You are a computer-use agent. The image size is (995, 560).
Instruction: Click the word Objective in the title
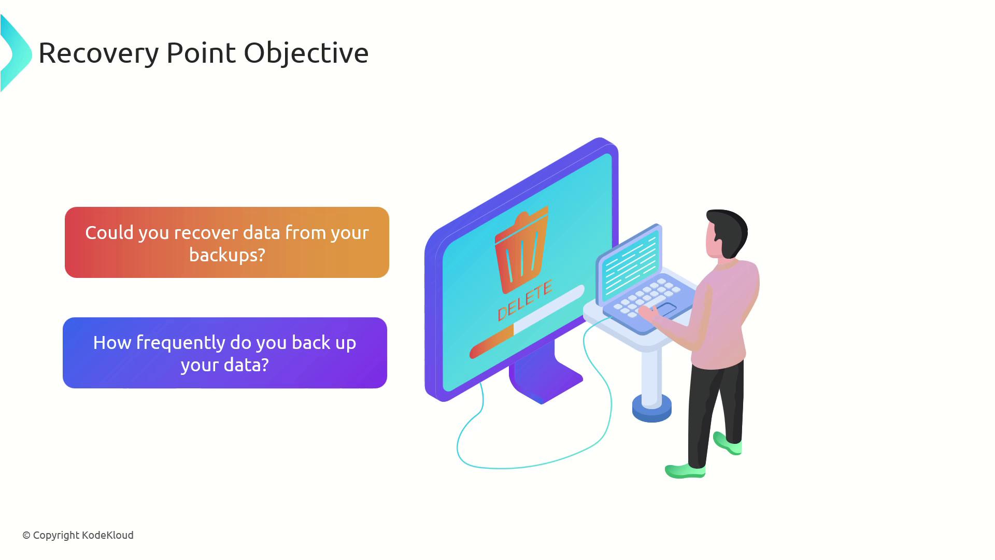pos(306,53)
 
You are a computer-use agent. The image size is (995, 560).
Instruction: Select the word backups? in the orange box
pos(227,255)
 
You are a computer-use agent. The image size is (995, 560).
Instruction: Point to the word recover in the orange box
pos(206,233)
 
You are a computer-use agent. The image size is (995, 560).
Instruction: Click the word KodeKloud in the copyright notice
pos(108,535)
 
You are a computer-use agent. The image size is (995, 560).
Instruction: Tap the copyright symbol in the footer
pos(26,536)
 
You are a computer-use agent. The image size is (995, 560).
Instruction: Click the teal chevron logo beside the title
pos(16,53)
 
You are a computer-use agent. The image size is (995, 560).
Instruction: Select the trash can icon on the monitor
pos(522,250)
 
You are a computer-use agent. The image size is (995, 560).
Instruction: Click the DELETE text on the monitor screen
pos(525,301)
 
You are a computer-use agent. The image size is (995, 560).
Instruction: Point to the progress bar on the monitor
pos(527,322)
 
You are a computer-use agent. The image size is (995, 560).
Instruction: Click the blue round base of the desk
pos(652,408)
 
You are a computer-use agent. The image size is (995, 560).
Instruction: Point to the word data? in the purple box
pos(246,365)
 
